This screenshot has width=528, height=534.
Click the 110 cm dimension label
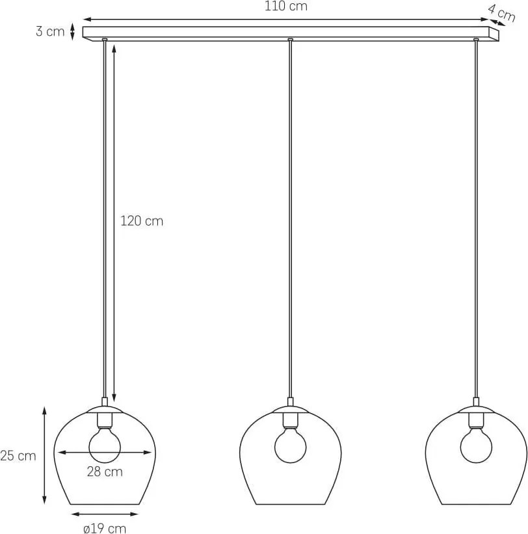(285, 6)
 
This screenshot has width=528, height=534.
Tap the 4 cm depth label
(501, 12)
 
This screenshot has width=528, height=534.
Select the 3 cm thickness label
(50, 31)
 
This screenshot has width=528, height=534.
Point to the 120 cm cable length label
(142, 221)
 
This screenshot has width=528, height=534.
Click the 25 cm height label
(18, 456)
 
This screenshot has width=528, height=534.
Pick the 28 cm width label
(105, 472)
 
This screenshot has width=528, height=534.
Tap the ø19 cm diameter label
(105, 528)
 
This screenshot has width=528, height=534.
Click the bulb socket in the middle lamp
(291, 421)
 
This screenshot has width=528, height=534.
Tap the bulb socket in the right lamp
(476, 421)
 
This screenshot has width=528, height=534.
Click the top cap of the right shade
(476, 409)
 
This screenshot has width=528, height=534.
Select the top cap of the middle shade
(291, 409)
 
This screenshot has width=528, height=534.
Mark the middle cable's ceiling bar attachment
(290, 40)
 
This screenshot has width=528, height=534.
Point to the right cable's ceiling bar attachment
(476, 40)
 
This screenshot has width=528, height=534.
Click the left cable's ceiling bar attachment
(105, 40)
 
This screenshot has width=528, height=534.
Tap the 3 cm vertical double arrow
(72, 31)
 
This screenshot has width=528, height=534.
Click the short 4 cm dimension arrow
(497, 22)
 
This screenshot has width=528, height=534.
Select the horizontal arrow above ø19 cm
(105, 514)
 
